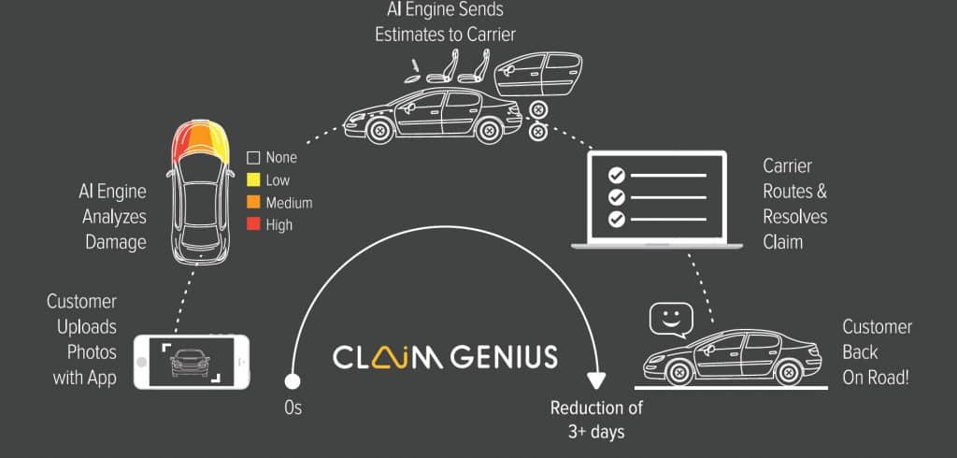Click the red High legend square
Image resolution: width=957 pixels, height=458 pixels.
tap(252, 224)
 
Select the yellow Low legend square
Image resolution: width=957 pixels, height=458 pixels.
tap(252, 180)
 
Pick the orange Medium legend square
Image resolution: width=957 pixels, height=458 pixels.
tap(252, 203)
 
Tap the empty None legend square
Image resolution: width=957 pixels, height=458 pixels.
tap(252, 158)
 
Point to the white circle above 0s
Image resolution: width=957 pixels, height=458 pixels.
tap(293, 381)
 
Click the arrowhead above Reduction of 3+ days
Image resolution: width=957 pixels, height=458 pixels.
tap(595, 379)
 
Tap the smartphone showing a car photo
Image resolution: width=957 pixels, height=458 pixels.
tap(192, 362)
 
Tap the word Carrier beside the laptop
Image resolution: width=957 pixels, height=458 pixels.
tap(788, 166)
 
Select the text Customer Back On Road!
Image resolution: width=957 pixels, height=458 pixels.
tap(877, 352)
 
